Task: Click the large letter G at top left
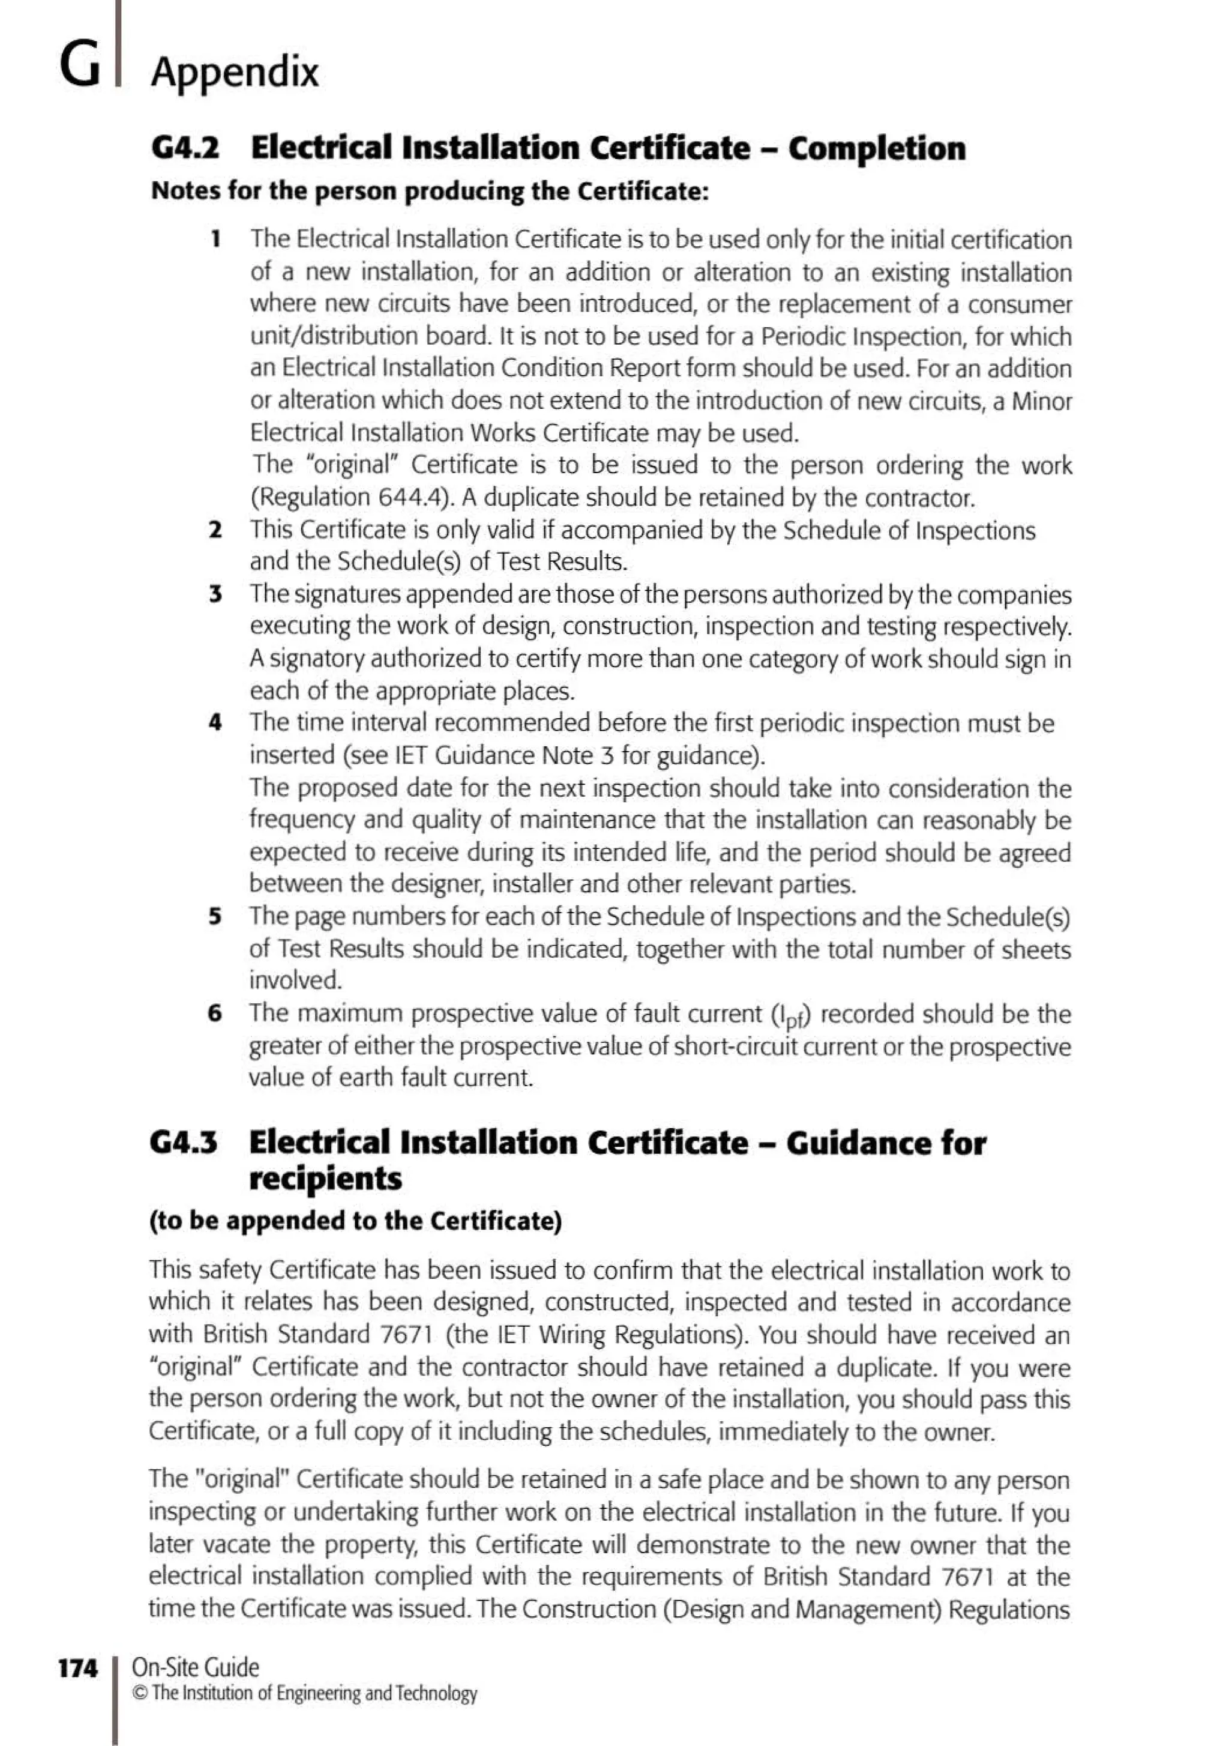click(x=79, y=65)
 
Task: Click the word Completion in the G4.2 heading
click(x=876, y=148)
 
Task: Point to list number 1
click(x=216, y=239)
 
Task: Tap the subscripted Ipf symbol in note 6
click(x=790, y=1016)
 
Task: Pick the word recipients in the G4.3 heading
click(x=325, y=1178)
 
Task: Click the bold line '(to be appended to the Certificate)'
click(x=355, y=1220)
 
